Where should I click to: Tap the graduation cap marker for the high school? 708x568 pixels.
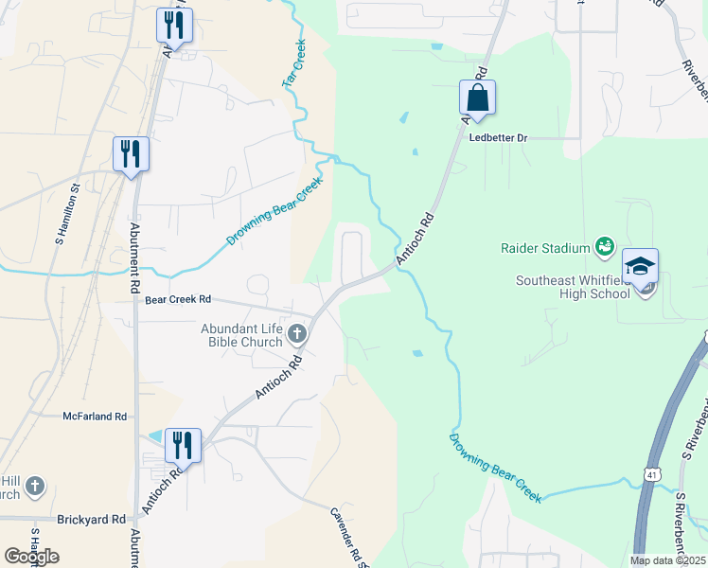coord(641,267)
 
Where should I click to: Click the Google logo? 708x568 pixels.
coord(31,556)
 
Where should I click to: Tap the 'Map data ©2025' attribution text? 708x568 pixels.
coord(667,560)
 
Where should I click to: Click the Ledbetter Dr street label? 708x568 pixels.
coord(498,137)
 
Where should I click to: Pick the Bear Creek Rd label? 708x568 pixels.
coord(177,300)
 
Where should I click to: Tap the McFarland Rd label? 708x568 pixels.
coord(95,416)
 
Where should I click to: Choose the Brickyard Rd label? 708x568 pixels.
coord(91,520)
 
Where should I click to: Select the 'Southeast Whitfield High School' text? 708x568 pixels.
coord(573,287)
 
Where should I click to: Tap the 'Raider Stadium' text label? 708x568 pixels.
coord(545,248)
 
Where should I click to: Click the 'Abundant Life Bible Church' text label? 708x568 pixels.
coord(241,335)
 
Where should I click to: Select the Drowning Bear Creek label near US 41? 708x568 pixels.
coord(496,469)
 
